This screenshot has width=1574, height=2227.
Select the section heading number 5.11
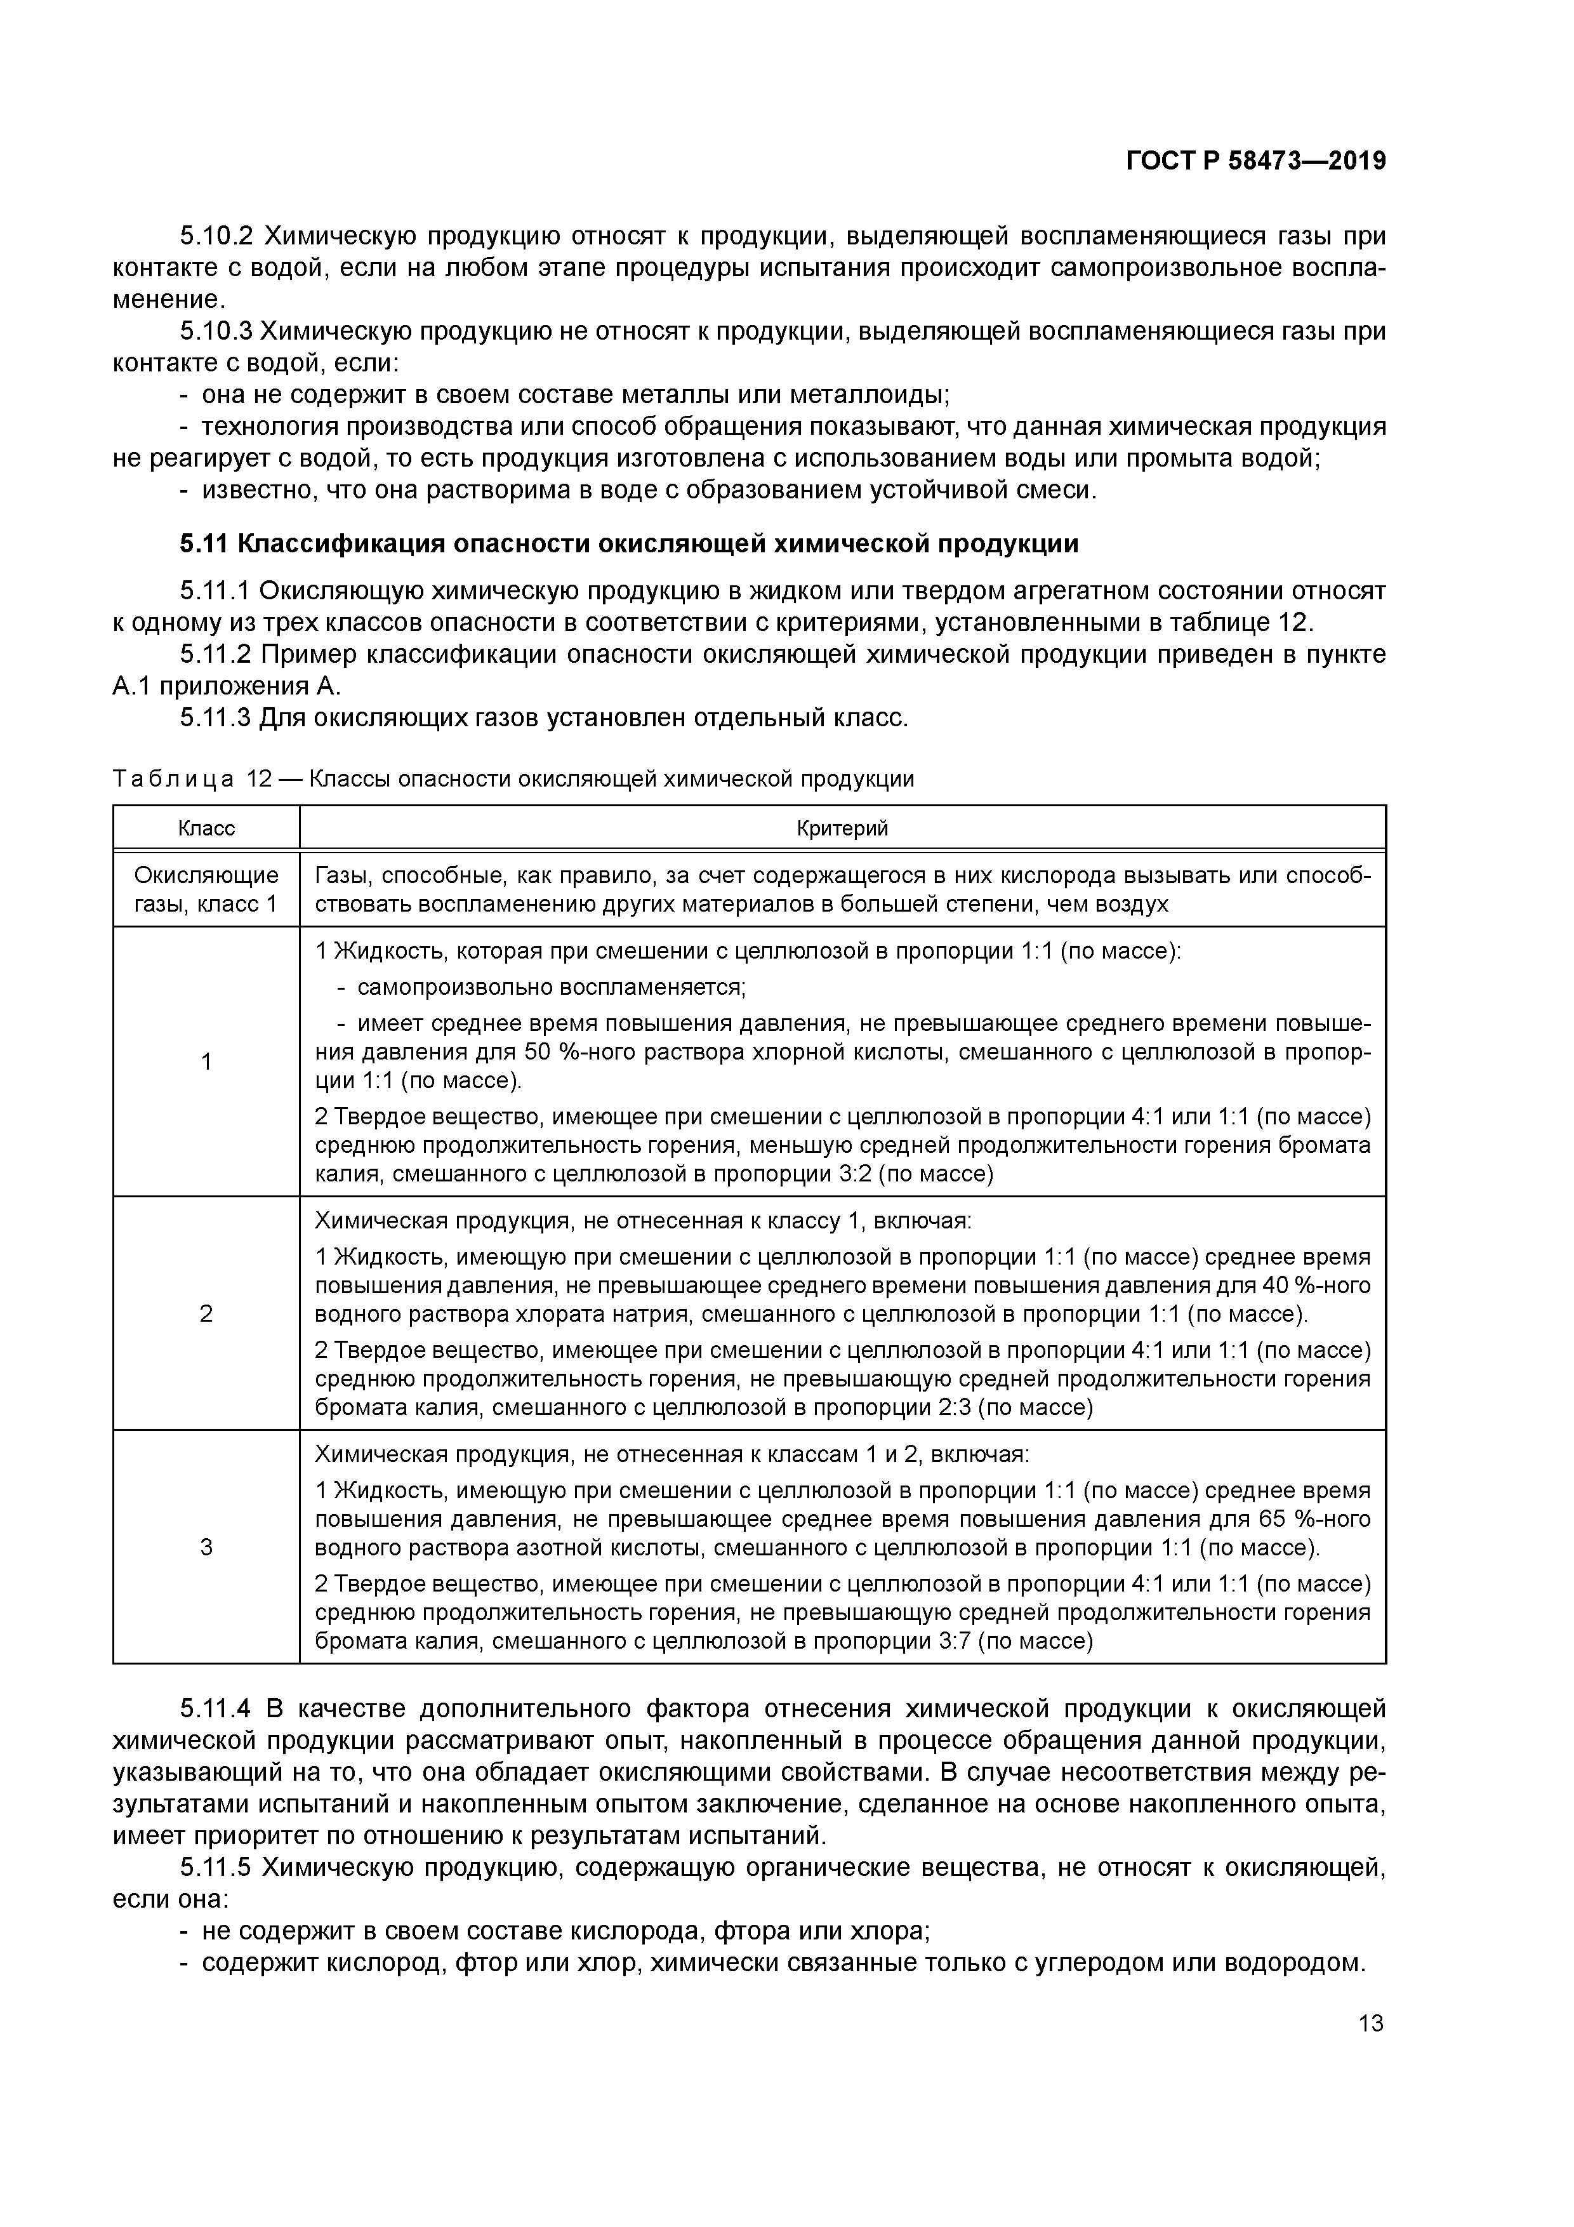coord(204,543)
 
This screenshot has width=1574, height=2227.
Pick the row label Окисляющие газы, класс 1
coord(206,889)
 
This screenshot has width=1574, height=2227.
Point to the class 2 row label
coord(206,1313)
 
